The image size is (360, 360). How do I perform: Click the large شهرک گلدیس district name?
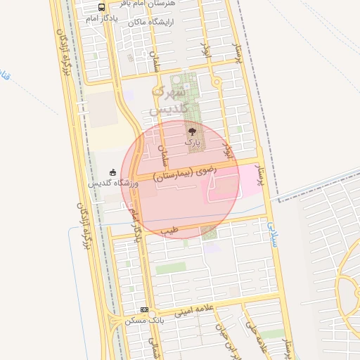pyautogui.click(x=171, y=101)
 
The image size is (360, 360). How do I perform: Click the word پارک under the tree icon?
pyautogui.click(x=192, y=142)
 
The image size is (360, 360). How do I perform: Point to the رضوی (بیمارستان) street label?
pyautogui.click(x=186, y=169)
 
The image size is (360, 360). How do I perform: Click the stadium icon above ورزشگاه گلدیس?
pyautogui.click(x=112, y=172)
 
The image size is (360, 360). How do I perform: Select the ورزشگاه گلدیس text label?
pyautogui.click(x=112, y=183)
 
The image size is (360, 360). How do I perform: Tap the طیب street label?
pyautogui.click(x=169, y=229)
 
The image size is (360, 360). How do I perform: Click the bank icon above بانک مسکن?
pyautogui.click(x=144, y=309)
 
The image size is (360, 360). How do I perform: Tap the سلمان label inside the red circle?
pyautogui.click(x=164, y=144)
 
